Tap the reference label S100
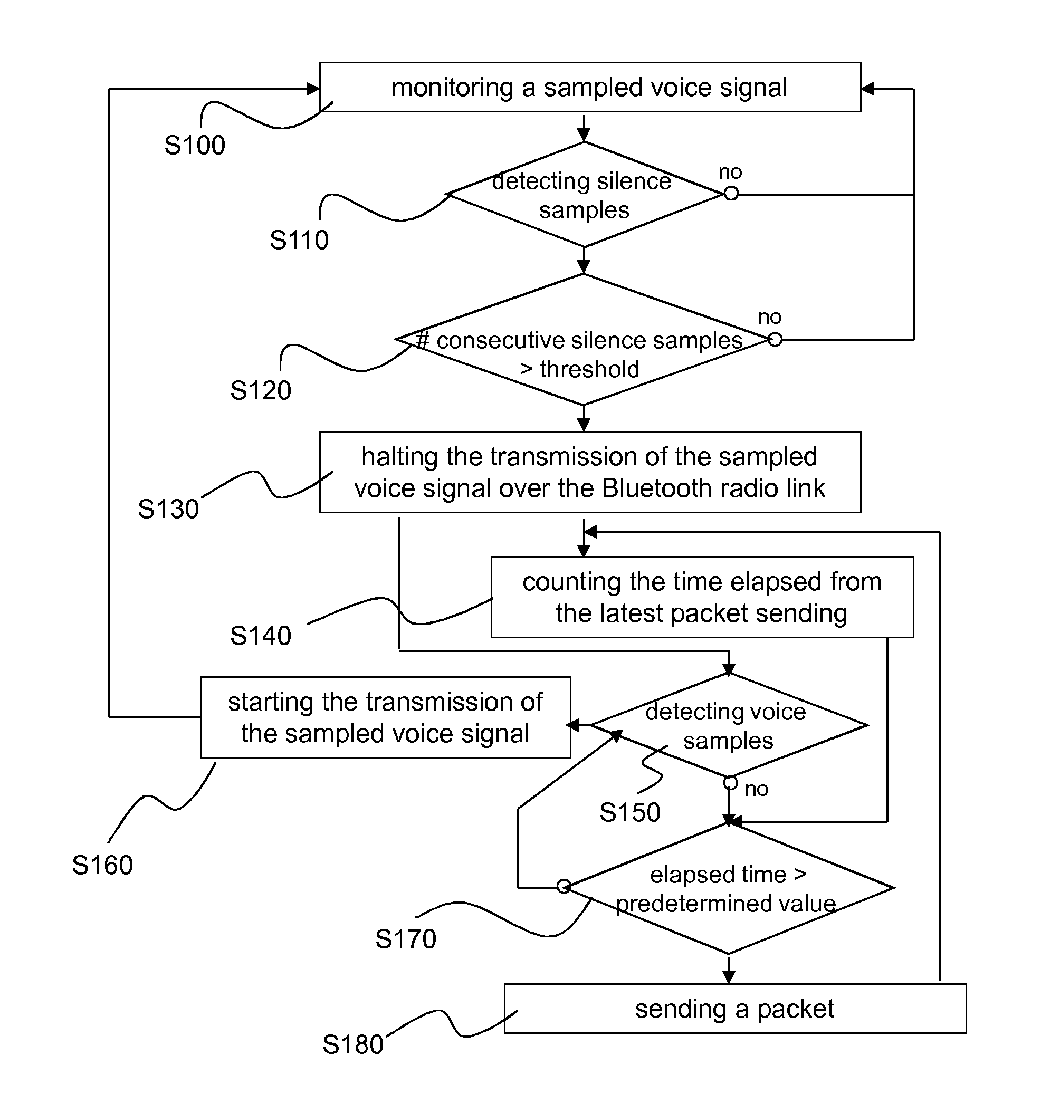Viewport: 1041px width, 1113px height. [194, 146]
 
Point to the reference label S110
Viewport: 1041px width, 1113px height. [299, 240]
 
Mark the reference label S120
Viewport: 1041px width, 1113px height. [261, 390]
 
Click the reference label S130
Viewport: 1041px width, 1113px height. [168, 509]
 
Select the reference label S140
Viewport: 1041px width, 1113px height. [261, 636]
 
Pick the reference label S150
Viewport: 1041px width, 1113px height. [630, 812]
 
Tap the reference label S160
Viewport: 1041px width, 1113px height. [102, 865]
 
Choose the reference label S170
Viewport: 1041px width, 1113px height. [405, 939]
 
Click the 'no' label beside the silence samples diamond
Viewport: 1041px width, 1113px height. [730, 172]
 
